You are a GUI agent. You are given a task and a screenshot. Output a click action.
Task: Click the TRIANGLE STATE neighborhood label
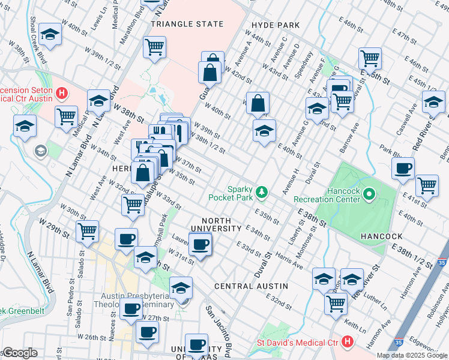click(187, 25)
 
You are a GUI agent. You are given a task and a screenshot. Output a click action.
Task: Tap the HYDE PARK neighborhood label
click(276, 25)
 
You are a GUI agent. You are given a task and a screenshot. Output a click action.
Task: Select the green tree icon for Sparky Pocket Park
click(261, 192)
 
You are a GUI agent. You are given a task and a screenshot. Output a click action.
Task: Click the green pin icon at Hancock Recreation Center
click(369, 194)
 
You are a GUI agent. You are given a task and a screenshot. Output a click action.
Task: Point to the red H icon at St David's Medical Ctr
click(347, 342)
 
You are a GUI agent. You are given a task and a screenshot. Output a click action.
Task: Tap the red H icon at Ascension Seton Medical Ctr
click(62, 93)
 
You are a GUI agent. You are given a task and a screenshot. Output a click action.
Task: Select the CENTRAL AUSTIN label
click(251, 286)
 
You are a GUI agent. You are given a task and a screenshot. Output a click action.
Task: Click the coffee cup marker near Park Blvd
click(403, 167)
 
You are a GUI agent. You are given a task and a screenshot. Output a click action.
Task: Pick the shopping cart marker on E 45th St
click(370, 58)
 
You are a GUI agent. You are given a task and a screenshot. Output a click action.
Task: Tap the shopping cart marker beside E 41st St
click(427, 185)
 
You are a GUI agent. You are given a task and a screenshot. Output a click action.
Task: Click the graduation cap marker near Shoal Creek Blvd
click(51, 36)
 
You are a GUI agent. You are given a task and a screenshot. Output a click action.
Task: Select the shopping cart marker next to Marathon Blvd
click(155, 47)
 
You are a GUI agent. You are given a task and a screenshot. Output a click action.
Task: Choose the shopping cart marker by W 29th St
click(88, 230)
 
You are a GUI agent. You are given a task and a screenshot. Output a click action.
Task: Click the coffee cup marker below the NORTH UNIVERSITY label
click(200, 244)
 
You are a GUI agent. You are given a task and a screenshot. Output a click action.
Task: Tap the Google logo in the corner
click(19, 353)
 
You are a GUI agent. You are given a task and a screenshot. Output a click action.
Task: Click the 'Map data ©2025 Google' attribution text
click(412, 355)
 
